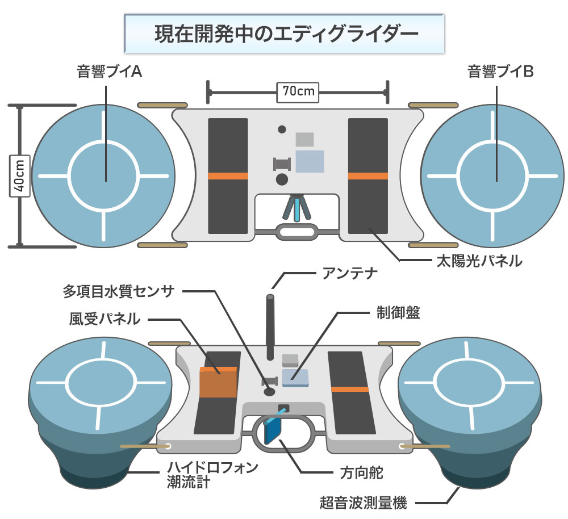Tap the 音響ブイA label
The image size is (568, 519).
[106, 72]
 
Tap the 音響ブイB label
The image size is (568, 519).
[497, 72]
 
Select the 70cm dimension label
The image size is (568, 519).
[298, 90]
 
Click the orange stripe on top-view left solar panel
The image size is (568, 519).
[228, 176]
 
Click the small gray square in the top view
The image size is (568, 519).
[305, 139]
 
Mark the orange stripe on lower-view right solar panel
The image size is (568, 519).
[349, 389]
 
